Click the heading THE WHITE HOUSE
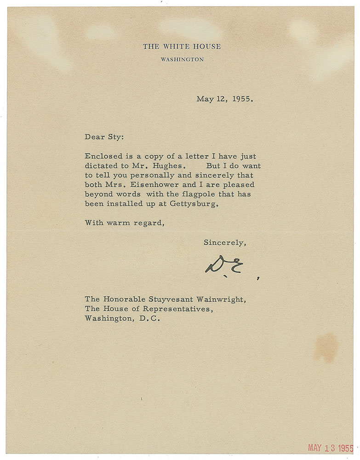[182, 46]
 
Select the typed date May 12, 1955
[224, 98]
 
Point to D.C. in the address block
[149, 320]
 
